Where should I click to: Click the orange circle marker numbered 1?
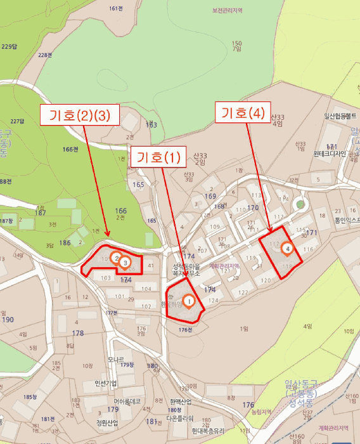pyautogui.click(x=188, y=300)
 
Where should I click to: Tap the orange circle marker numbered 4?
pyautogui.click(x=288, y=248)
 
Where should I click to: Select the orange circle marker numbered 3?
pyautogui.click(x=125, y=262)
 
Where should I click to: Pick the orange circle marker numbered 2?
pyautogui.click(x=116, y=257)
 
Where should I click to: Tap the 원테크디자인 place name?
pyautogui.click(x=330, y=153)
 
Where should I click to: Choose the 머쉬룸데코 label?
pyautogui.click(x=127, y=401)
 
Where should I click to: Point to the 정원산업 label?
pyautogui.click(x=108, y=423)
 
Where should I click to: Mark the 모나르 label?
pyautogui.click(x=115, y=359)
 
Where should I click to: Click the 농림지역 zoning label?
pyautogui.click(x=260, y=412)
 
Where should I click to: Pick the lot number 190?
pyautogui.click(x=8, y=320)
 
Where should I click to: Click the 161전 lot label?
pyautogui.click(x=115, y=8)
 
